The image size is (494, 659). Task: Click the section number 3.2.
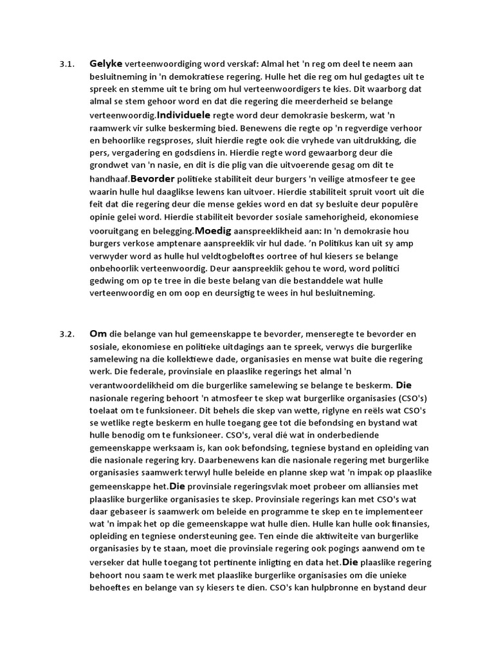(67, 334)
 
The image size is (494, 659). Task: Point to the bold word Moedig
(210, 230)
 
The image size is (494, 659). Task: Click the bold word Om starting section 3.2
(98, 333)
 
